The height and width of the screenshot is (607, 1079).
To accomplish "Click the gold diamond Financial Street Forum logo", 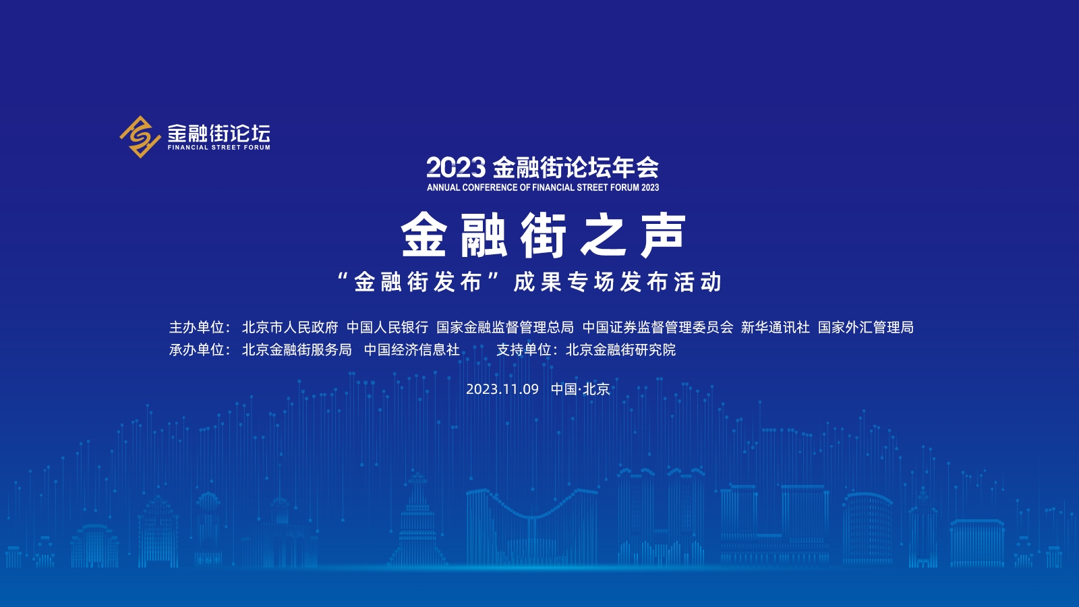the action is click(140, 137).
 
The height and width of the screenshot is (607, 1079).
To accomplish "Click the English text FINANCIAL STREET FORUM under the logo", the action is click(218, 148).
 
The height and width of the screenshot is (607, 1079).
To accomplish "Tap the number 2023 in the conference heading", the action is click(456, 168).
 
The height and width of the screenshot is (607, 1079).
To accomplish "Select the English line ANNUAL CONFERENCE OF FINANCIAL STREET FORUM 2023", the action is click(543, 187).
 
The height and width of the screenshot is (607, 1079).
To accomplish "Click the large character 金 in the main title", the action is click(424, 235).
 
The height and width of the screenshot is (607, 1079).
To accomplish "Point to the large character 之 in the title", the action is click(603, 235).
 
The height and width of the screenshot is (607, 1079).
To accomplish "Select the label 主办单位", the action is click(196, 328).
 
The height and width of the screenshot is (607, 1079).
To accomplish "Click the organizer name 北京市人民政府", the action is click(290, 328).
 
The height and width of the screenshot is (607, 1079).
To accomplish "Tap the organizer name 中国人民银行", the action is click(387, 328).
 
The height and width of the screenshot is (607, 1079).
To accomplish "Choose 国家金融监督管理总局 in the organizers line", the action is click(505, 328).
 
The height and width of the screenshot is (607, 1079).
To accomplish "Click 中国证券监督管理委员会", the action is click(658, 328).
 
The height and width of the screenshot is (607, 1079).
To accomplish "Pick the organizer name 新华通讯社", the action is click(776, 328).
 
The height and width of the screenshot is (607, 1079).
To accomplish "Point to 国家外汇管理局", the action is click(866, 328).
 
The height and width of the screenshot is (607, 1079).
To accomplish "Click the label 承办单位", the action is click(196, 350).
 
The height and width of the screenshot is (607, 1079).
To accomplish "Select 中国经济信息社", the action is click(412, 350).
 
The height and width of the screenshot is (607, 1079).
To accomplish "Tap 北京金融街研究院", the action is click(621, 350).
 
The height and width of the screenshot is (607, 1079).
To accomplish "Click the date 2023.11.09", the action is click(502, 389).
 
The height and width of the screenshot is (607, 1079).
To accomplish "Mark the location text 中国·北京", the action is click(581, 389).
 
